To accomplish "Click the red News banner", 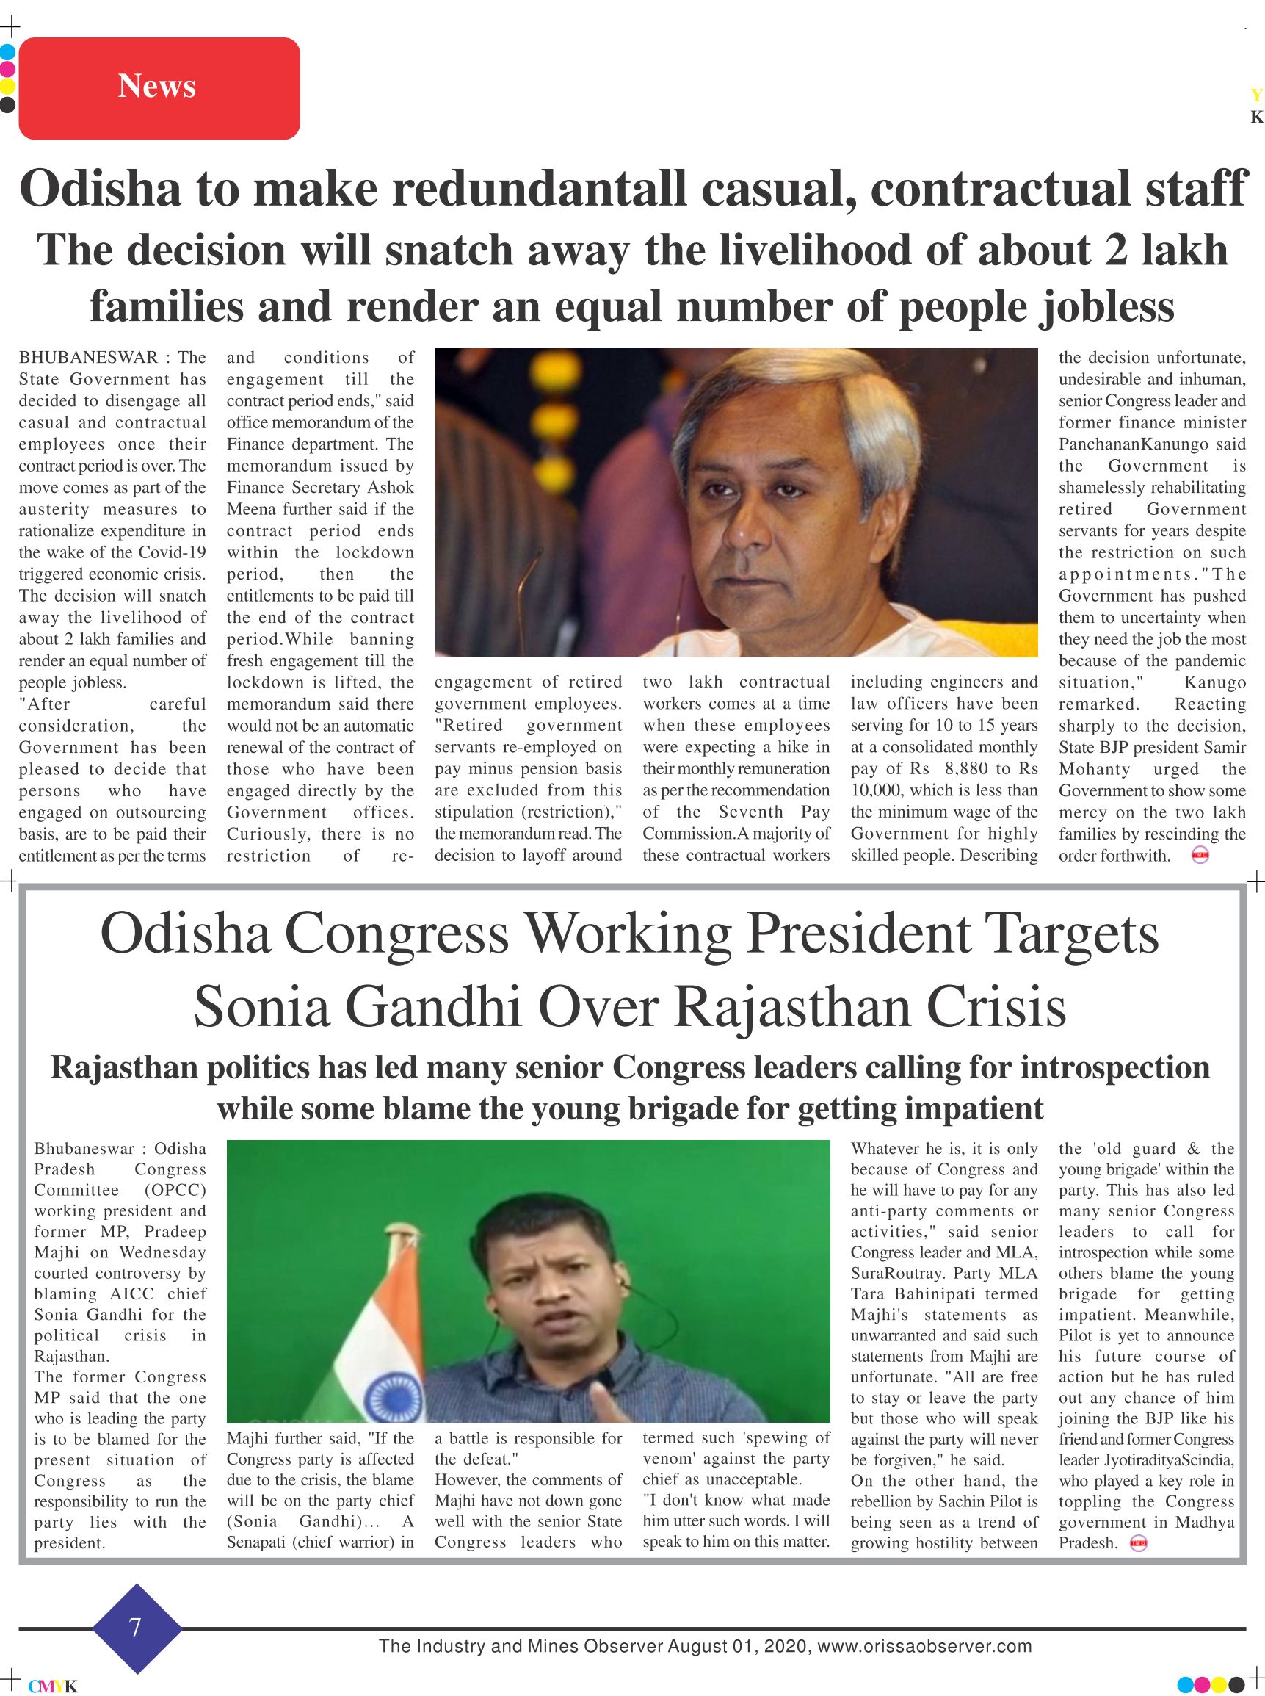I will click(159, 88).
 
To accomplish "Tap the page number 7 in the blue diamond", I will click(136, 1626).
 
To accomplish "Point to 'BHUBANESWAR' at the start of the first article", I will click(88, 358).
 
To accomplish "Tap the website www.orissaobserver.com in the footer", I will click(924, 1646).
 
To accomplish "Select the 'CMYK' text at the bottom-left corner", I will click(53, 1686).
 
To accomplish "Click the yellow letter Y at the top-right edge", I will click(1255, 95).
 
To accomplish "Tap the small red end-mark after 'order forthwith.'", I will click(1200, 856).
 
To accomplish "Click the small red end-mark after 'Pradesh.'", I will click(1139, 1543).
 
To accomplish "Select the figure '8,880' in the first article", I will click(966, 768).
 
